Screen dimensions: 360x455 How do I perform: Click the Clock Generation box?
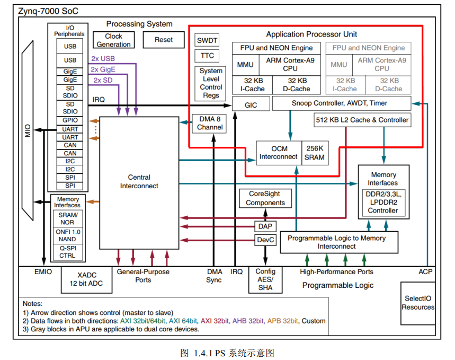point(113,40)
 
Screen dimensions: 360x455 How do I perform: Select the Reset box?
point(164,40)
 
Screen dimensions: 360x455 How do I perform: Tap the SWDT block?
point(207,41)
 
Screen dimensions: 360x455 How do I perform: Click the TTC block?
point(207,56)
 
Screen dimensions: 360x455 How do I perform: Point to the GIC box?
point(251,105)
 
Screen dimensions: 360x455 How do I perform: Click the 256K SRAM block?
point(315,153)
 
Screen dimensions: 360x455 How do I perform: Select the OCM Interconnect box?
point(278,153)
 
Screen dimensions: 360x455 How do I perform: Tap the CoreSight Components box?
point(265,198)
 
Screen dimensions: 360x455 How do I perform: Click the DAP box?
point(265,226)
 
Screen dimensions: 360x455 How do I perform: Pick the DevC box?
point(265,240)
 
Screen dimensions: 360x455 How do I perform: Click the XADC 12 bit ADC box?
point(87,279)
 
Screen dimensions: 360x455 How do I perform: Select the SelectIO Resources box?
point(417,303)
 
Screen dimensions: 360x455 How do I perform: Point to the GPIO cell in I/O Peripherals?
point(70,120)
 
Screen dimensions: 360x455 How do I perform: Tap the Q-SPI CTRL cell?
point(67,251)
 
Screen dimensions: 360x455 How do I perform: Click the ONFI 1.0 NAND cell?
point(67,235)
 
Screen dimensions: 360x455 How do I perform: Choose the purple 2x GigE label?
point(103,69)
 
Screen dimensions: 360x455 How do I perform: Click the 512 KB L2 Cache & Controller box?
point(362,120)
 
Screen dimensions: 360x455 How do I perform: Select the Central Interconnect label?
point(139,181)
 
